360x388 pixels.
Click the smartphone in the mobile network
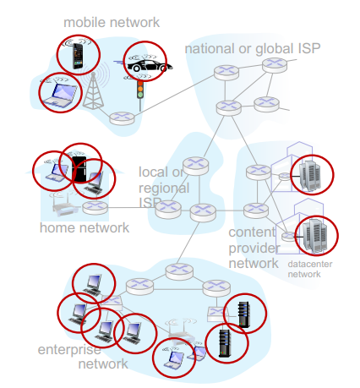[x=78, y=56]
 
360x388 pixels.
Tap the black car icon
[x=150, y=66]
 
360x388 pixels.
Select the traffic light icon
[x=140, y=90]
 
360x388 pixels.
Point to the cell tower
[x=93, y=90]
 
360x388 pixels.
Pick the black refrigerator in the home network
[x=79, y=169]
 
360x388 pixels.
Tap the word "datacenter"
[x=310, y=265]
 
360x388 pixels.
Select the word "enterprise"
[x=69, y=350]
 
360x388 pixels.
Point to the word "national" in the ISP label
[x=210, y=48]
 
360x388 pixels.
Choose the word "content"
[x=252, y=232]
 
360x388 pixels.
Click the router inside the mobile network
[x=122, y=118]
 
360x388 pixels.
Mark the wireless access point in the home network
[x=65, y=205]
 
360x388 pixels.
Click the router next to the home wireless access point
[x=95, y=208]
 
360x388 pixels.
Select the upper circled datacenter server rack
[x=309, y=175]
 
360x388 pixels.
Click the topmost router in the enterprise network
[x=179, y=271]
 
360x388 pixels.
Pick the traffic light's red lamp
[x=140, y=84]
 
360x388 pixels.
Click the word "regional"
[x=164, y=189]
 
